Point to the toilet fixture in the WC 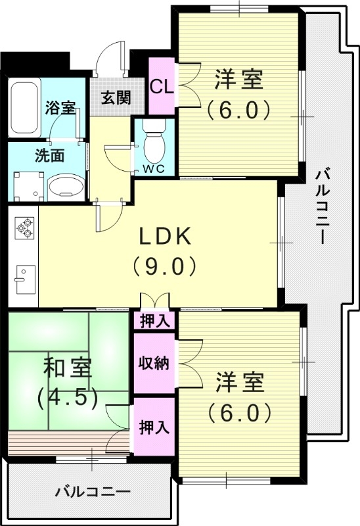(x=154, y=141)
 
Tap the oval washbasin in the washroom (x=66, y=186)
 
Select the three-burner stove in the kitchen (x=24, y=227)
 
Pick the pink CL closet (x=161, y=86)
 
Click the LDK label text (x=164, y=235)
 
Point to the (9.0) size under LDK (x=164, y=266)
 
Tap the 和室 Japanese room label (x=68, y=366)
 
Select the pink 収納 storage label (x=154, y=364)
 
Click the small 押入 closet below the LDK (x=154, y=321)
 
